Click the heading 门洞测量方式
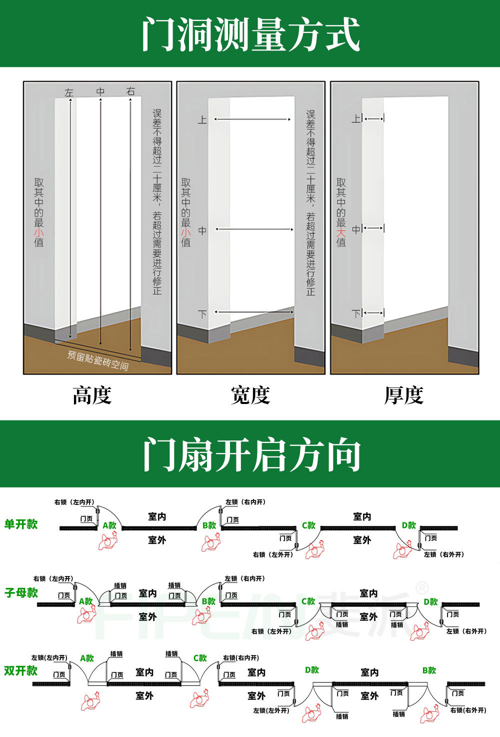pos(250,34)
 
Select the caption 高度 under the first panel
pos(92,395)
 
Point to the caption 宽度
pos(250,395)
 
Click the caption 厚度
pos(404,395)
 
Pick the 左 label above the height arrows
pos(69,92)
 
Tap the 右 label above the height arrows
pos(130,91)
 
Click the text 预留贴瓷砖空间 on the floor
pos(98,360)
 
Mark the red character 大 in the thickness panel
pos(341,232)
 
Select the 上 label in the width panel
pos(202,119)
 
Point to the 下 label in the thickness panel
pos(356,313)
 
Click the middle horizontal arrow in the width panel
pos(254,229)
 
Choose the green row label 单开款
pos(21,524)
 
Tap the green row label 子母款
pos(21,592)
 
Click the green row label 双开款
pos(21,670)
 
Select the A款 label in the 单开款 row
pos(109,525)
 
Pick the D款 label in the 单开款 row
pos(409,525)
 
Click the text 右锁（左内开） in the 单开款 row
pos(74,502)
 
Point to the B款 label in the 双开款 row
pos(429,670)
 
